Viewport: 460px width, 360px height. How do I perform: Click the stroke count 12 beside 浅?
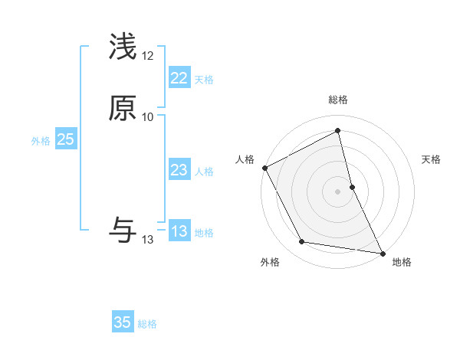click(x=148, y=56)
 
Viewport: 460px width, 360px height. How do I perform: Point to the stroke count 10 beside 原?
click(x=148, y=117)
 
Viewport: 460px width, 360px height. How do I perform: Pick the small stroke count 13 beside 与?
click(x=148, y=240)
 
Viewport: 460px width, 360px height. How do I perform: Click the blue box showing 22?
click(x=179, y=78)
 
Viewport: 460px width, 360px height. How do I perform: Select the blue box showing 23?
click(x=179, y=170)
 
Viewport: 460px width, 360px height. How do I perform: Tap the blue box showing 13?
click(x=179, y=231)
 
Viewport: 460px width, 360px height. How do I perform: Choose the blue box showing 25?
click(x=65, y=139)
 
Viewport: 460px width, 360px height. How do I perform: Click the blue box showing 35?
click(x=123, y=322)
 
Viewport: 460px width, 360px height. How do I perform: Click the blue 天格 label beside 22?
click(x=204, y=80)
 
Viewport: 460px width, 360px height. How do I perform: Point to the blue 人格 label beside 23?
click(x=204, y=172)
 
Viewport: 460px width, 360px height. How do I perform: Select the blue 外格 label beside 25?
click(x=41, y=141)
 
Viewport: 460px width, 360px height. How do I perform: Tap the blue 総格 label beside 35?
click(x=147, y=324)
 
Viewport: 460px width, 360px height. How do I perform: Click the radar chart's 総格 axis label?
click(x=338, y=100)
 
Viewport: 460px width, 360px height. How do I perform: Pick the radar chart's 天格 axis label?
click(x=431, y=159)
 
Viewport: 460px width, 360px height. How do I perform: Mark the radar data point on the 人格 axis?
click(x=264, y=167)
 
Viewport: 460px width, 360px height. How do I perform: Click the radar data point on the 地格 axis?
click(x=382, y=252)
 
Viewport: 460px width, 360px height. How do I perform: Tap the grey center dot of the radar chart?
click(x=338, y=191)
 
